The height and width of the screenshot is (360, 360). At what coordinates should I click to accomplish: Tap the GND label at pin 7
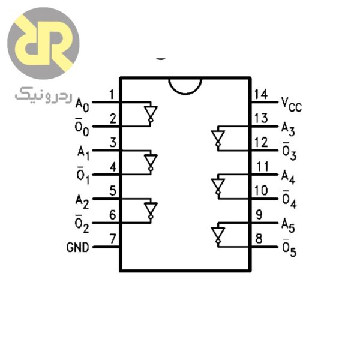point(79,247)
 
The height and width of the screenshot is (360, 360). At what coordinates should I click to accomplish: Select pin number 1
point(112,94)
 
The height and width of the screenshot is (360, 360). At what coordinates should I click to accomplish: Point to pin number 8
point(259,238)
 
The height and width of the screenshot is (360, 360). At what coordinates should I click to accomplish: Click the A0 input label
point(82,105)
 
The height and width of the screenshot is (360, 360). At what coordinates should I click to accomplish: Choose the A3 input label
point(289,128)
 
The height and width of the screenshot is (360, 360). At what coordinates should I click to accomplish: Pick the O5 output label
point(289,249)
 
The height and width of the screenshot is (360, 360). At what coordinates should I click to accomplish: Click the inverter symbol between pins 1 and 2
point(151,114)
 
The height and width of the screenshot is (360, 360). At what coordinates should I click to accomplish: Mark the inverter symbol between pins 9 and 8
point(217,235)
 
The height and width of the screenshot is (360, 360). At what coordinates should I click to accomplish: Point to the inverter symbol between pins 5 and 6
point(151,210)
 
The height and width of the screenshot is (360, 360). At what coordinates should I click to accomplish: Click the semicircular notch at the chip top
point(185,85)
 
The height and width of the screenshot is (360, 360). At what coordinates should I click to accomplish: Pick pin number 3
point(112,143)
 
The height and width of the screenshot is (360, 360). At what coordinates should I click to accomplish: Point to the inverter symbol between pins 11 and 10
point(217,186)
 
